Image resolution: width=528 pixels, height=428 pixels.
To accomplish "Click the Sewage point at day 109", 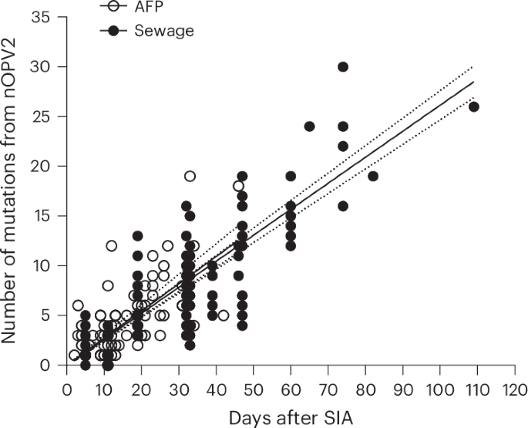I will (x=474, y=106).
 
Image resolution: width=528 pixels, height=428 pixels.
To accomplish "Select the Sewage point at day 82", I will (x=373, y=176).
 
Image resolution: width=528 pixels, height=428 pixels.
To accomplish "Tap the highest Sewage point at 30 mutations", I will (x=343, y=67).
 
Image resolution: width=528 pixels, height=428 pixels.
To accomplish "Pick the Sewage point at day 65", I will (x=310, y=126).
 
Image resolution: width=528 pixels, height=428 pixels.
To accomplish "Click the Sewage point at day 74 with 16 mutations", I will (x=343, y=206).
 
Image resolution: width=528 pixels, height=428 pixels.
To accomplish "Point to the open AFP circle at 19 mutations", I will (x=190, y=176).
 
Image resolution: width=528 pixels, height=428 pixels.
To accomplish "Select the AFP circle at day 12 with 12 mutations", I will (x=112, y=246).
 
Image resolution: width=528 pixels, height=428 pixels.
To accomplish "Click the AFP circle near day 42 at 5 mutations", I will (x=224, y=315).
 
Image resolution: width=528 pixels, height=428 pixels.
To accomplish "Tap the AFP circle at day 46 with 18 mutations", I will (x=239, y=186).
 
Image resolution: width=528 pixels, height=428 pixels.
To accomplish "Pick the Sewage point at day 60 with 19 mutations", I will (x=291, y=176).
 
